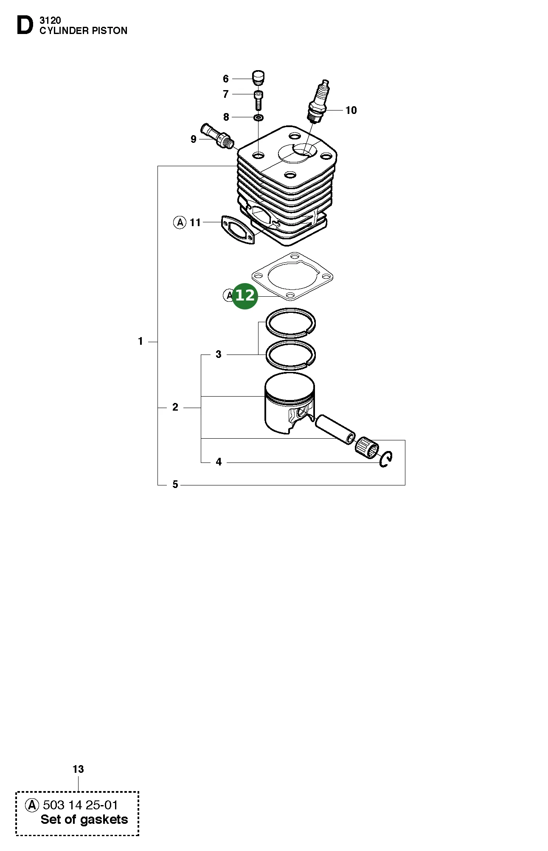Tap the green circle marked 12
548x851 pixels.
[245, 295]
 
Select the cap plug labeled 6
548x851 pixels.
[258, 78]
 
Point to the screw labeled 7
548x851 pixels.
[258, 99]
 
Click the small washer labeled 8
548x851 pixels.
[258, 117]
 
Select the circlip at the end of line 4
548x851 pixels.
[386, 459]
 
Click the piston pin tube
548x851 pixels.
[335, 430]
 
